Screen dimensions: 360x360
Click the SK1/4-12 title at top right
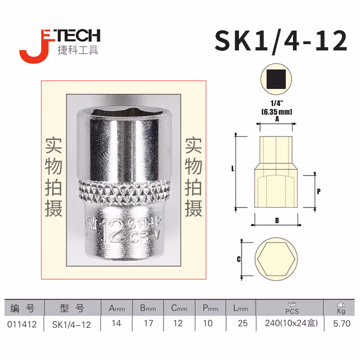coord(280,40)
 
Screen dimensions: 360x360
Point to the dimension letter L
coord(233,170)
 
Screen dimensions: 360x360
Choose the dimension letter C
coord(239,259)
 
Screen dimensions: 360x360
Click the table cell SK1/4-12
coord(71,324)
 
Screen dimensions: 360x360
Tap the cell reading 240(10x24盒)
coord(291,324)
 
